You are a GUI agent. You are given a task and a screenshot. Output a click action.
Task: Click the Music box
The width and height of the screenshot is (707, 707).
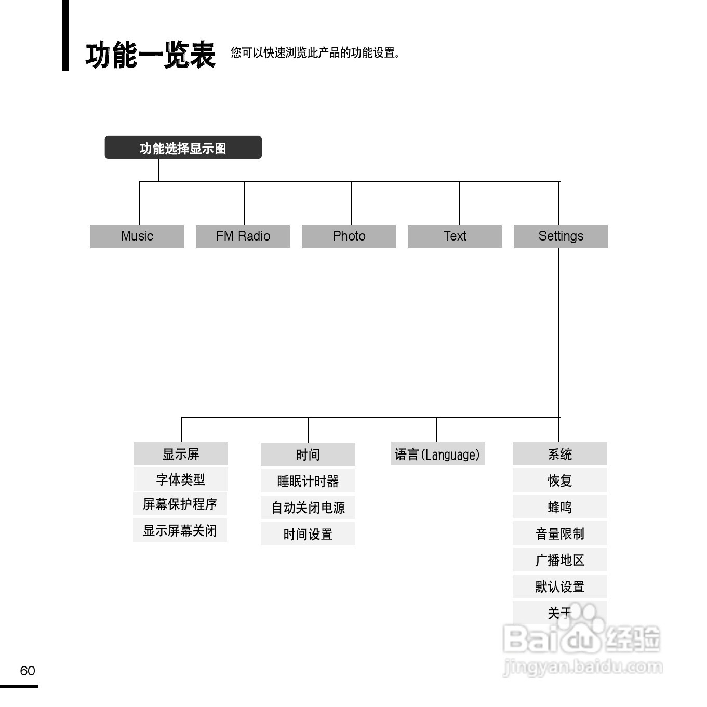pos(137,236)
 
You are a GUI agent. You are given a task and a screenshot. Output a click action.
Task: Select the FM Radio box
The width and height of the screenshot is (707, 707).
pos(243,236)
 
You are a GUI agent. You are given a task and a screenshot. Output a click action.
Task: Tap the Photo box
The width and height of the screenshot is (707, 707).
pos(349,236)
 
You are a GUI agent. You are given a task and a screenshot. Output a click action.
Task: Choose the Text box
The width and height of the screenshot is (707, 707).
pos(455,236)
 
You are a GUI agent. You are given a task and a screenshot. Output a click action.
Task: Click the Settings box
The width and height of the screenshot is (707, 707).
pos(561,236)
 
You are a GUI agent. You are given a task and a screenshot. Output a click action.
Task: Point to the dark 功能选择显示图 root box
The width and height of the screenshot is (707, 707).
pos(183,148)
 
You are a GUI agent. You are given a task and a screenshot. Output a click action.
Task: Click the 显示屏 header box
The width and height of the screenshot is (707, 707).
pos(181,454)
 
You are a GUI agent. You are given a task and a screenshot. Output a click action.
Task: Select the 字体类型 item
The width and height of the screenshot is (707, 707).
pos(180,479)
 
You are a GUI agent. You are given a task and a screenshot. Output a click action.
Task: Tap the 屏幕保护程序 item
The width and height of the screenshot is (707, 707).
pos(180,504)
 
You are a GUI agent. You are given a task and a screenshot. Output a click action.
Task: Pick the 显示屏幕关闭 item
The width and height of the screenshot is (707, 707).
pos(180,530)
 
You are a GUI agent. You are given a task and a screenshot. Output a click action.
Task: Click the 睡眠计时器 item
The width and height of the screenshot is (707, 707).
pos(308,481)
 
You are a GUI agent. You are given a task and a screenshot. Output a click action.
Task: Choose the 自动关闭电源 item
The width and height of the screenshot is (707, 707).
pos(308,508)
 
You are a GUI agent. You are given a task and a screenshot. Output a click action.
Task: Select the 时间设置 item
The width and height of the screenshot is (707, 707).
pos(308,534)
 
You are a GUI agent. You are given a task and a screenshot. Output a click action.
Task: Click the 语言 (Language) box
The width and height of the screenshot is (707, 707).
pos(437,454)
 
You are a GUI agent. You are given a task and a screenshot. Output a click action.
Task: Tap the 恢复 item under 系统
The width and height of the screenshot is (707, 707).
pos(560,481)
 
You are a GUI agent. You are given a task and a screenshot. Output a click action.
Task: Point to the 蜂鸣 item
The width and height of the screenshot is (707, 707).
pos(560,507)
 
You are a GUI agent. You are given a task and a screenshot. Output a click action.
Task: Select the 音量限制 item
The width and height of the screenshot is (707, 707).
pos(560,533)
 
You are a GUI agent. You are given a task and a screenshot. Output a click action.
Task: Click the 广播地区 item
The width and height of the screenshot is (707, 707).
pos(560,560)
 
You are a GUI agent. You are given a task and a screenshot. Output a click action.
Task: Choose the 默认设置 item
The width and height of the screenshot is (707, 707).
pos(560,586)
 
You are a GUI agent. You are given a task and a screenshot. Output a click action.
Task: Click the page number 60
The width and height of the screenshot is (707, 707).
pos(28,671)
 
